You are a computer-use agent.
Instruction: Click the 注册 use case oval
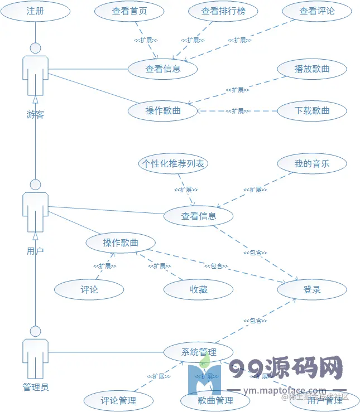(35, 11)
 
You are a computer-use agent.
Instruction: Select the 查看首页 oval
(129, 11)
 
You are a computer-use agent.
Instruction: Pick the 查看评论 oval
(316, 11)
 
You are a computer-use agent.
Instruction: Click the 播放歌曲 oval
(312, 69)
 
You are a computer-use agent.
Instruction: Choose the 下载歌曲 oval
(312, 110)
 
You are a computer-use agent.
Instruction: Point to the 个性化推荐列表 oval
(174, 164)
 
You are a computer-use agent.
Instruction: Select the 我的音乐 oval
(312, 164)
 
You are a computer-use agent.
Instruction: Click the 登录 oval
(312, 289)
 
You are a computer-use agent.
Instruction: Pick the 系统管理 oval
(199, 352)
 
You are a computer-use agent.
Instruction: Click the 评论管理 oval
(118, 400)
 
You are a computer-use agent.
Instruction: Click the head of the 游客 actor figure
(35, 48)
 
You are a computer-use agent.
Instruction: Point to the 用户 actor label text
(35, 251)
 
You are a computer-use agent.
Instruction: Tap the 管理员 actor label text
(35, 387)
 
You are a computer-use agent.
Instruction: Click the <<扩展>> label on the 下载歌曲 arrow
(238, 111)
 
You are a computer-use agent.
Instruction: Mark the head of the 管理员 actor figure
(35, 331)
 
